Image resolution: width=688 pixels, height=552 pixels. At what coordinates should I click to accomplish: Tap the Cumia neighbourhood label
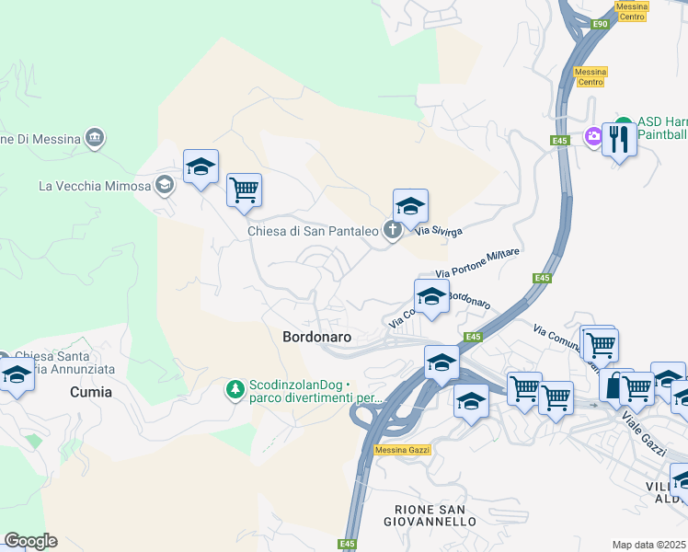point(91,392)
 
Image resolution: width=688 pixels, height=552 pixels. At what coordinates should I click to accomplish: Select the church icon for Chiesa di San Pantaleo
point(393,231)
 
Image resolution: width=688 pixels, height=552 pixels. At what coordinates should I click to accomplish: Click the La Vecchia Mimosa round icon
point(165,185)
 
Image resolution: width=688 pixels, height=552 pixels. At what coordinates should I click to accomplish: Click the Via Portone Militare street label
point(477,263)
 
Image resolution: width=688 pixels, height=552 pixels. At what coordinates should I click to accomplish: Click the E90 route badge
point(601,24)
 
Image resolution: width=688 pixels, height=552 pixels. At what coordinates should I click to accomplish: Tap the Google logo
point(30,541)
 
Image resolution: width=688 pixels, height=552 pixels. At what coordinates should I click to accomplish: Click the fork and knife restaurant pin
point(619,140)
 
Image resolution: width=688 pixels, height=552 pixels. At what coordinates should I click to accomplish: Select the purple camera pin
point(594,137)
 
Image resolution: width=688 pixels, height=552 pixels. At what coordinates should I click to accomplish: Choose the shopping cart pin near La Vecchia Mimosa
point(244,190)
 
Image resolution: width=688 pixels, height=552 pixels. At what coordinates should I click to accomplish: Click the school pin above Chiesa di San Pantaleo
point(410,205)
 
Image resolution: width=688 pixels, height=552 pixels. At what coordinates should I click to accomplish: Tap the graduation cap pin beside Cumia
point(17,376)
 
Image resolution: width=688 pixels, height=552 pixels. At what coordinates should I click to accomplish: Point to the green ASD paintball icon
point(624,122)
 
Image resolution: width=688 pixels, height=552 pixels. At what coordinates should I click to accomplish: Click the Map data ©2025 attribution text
point(648,545)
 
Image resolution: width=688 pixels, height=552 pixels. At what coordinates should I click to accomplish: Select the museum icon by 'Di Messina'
point(94,139)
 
